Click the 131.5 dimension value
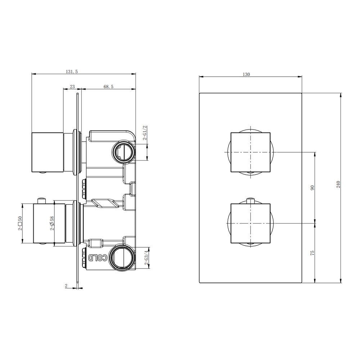click(x=72, y=72)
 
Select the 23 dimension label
click(x=72, y=87)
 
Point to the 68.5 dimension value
click(x=109, y=87)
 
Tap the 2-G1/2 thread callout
click(x=145, y=133)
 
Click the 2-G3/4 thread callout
click(x=146, y=258)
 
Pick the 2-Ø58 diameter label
click(x=52, y=223)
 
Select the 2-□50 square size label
click(x=20, y=223)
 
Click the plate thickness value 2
click(x=66, y=286)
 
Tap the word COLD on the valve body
click(x=98, y=258)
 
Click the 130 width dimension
click(x=246, y=75)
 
